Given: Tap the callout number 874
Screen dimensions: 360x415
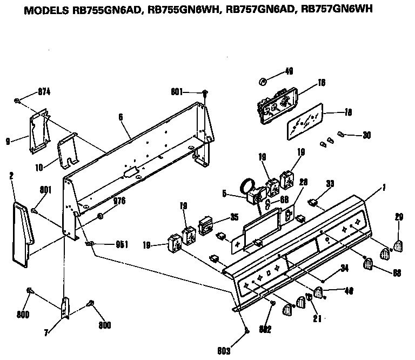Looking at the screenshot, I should (x=44, y=92).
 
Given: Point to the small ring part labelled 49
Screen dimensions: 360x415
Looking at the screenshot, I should (x=262, y=82).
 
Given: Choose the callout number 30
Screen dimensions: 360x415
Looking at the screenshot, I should (x=366, y=135).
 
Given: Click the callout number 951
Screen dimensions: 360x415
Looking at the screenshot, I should (x=122, y=244).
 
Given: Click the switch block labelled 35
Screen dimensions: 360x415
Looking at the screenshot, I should (x=206, y=226).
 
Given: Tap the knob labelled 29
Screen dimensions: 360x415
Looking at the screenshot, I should (x=398, y=246).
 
